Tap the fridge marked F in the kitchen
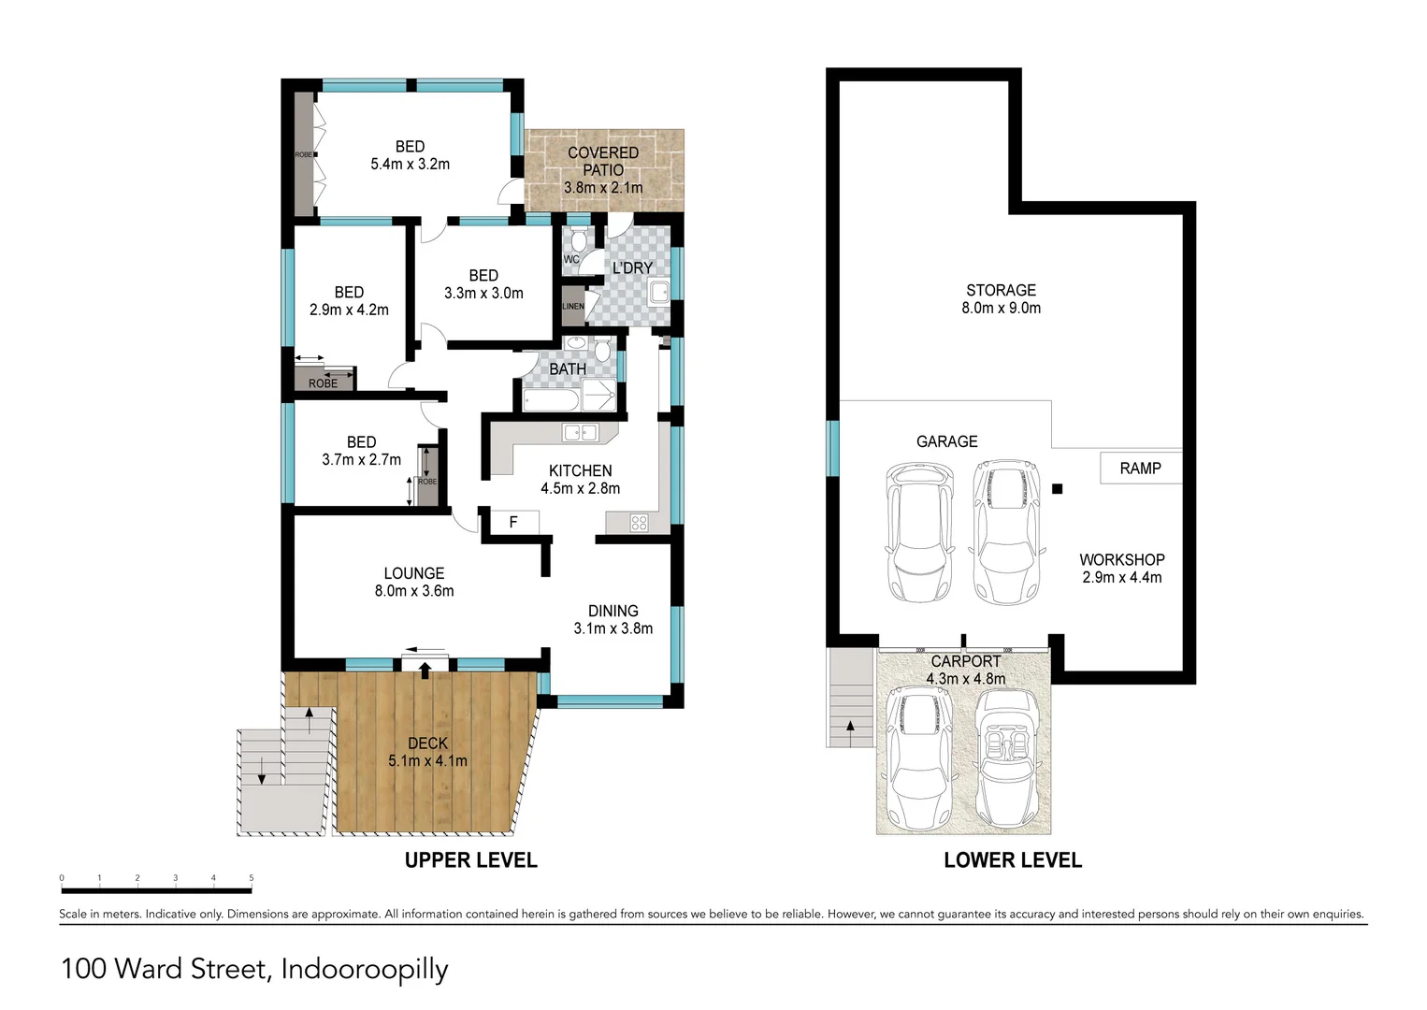click(512, 522)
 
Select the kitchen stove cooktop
click(639, 523)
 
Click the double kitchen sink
click(580, 432)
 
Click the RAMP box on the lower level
click(1140, 468)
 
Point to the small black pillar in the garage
click(1058, 488)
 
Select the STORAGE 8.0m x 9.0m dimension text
click(1001, 308)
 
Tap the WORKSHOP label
click(1121, 559)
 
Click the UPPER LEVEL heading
click(470, 860)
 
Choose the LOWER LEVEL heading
click(1012, 860)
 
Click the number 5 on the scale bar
click(251, 878)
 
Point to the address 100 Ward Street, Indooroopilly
click(254, 969)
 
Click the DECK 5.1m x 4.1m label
click(427, 752)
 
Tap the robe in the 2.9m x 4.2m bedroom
click(324, 382)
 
